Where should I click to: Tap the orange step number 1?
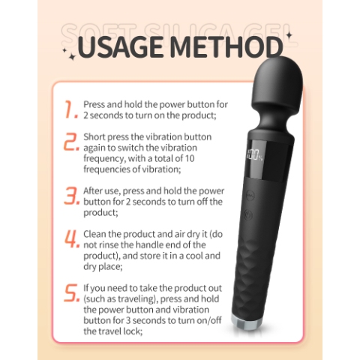coord(70,109)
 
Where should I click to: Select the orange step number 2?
coord(71,142)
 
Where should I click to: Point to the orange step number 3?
coord(71,196)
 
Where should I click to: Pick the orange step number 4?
coord(72,238)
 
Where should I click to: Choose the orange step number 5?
coord(72,292)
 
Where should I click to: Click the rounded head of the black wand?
coord(277,84)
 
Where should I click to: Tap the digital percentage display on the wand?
coord(255,157)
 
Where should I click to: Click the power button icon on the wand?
coord(248,214)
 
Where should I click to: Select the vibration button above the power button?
coord(250,195)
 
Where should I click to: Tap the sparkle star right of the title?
coord(289,35)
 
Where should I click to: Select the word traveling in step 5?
coord(136,299)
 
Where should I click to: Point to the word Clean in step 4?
coord(94,234)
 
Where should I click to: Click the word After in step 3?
coord(92,191)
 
